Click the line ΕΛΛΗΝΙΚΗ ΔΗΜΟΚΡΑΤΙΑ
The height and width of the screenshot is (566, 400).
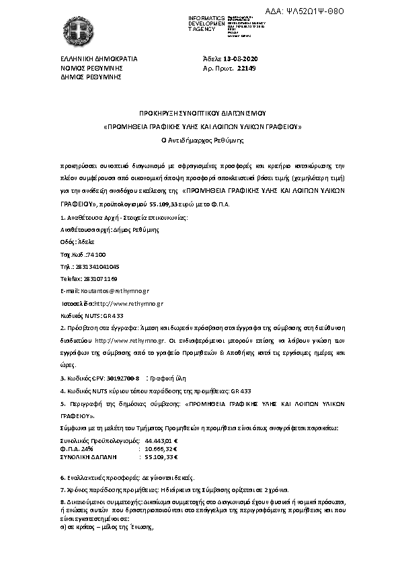pyautogui.click(x=98, y=59)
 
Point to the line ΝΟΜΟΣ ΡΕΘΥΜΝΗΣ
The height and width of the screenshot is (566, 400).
pyautogui.click(x=89, y=68)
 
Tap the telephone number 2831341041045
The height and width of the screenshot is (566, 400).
pyautogui.click(x=97, y=266)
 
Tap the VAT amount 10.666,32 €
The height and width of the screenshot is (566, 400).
pyautogui.click(x=160, y=447)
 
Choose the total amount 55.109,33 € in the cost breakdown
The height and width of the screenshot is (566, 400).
pyautogui.click(x=160, y=456)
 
